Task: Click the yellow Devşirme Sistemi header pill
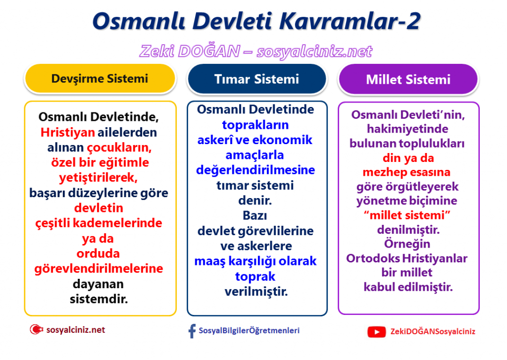point(100,79)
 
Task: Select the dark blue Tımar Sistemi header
point(257,79)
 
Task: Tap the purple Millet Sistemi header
point(408,79)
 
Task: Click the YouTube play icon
point(376,332)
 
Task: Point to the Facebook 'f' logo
point(192,331)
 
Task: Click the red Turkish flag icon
point(36,330)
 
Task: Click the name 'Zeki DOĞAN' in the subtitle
point(190,51)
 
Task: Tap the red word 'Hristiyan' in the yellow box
point(67,132)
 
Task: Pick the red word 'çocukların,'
point(119,148)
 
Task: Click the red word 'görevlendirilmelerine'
point(99,269)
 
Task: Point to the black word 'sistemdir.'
point(99,299)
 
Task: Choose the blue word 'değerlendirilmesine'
point(255,170)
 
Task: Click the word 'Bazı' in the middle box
point(255,215)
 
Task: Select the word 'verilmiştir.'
point(256,292)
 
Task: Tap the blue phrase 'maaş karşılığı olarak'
point(255,261)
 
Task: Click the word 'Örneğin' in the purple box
point(407,244)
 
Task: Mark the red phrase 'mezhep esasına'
point(406,172)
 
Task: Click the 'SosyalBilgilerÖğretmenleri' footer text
point(249,331)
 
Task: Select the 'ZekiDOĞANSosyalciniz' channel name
point(433,332)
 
